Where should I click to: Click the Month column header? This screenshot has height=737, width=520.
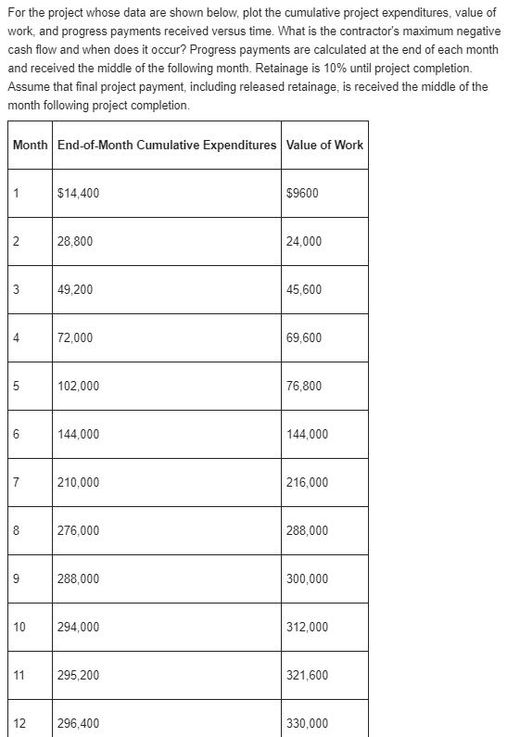pos(30,145)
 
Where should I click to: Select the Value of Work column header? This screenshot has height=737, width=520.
pos(324,145)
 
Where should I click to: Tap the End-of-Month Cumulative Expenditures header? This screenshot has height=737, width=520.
pos(167,145)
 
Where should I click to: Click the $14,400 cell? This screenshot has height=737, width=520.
pos(79,194)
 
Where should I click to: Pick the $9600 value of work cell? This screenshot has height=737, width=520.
pos(303,194)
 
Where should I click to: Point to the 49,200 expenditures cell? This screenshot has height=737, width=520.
pos(75,290)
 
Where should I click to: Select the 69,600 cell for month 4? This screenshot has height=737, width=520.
pos(305,338)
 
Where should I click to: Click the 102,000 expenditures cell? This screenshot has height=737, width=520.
pos(78,387)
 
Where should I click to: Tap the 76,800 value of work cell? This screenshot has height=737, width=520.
pos(305,387)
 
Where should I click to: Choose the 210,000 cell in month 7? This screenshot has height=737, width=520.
pos(78,483)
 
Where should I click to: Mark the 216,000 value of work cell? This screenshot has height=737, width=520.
pos(308,483)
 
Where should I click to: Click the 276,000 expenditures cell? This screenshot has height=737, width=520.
pos(78,531)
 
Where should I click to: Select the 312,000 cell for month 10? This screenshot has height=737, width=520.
pos(308,628)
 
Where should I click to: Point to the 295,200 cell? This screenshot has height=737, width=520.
pos(78,676)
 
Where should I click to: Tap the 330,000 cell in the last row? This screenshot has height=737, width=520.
pos(308,724)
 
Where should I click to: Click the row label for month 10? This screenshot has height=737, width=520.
pos(19,628)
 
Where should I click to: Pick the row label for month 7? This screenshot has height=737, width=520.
pos(17,483)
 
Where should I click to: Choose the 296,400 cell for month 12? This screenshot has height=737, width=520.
pos(78,724)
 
